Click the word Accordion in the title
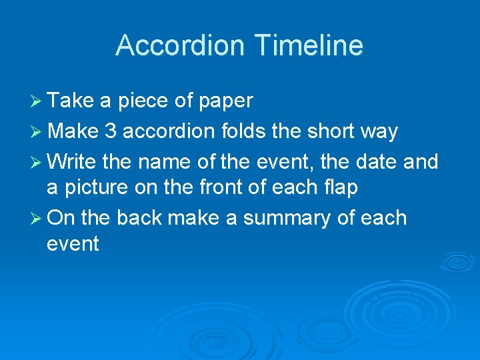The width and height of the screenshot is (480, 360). coord(180,45)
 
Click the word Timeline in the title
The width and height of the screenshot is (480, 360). coord(308,45)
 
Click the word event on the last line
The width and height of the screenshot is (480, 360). coord(73,244)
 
